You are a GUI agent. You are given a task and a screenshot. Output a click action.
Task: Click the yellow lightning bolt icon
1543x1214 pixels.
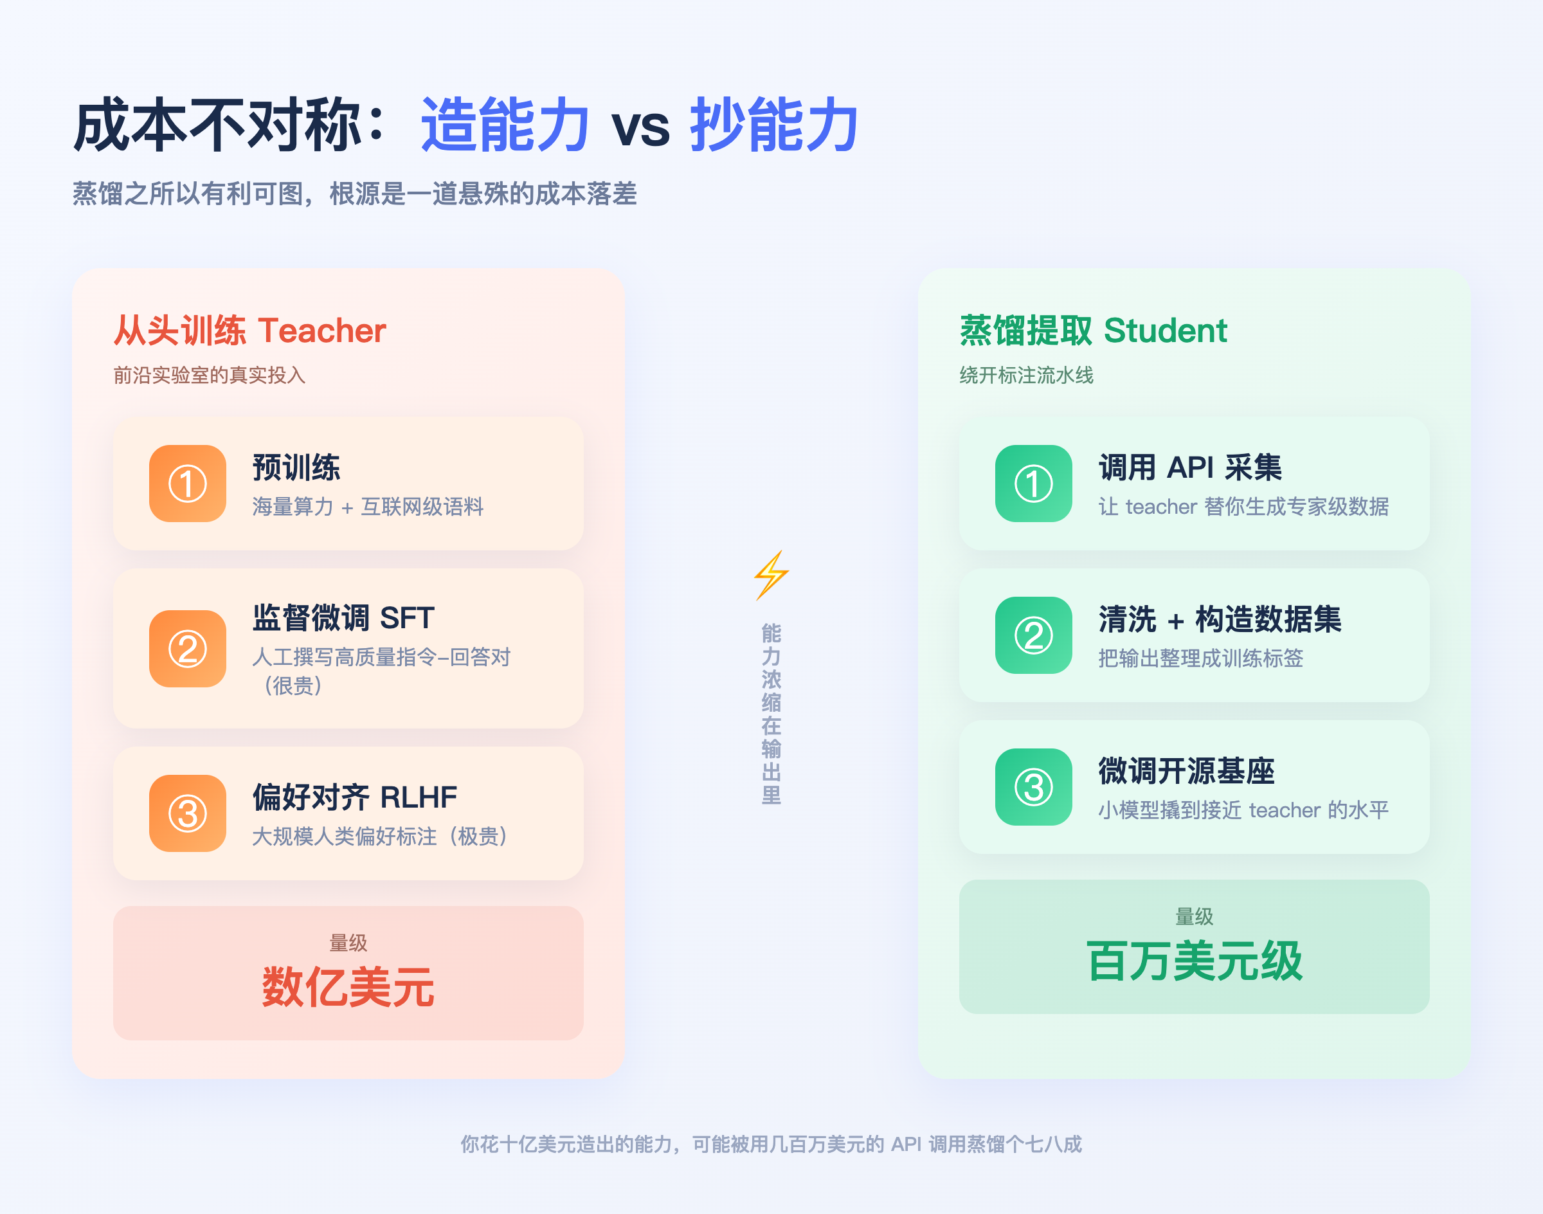(x=771, y=575)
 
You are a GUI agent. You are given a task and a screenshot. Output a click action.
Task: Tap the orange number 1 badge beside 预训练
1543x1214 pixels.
(x=188, y=484)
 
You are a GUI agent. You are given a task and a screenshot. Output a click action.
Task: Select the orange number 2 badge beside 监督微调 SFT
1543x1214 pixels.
(x=188, y=648)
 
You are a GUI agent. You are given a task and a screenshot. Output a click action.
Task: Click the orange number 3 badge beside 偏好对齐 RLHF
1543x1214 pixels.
(x=188, y=813)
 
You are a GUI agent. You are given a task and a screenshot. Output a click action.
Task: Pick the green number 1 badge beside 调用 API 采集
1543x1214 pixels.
(x=1033, y=484)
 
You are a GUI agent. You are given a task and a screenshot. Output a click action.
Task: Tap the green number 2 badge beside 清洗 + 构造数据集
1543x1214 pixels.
(x=1033, y=635)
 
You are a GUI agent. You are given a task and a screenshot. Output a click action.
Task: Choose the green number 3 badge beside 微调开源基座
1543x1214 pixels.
(x=1033, y=787)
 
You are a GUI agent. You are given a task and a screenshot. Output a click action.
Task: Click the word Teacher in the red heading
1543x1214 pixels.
(x=322, y=331)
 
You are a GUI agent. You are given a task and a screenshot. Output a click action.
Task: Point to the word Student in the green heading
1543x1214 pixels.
(x=1166, y=331)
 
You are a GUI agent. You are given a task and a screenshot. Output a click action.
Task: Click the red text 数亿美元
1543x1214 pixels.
(x=348, y=987)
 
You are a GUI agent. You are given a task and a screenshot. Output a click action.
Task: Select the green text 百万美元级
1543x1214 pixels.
(x=1194, y=961)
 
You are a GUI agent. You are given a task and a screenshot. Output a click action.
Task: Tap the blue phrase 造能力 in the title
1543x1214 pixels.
(x=505, y=124)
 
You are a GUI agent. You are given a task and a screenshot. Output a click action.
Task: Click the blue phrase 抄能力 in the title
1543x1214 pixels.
(x=774, y=124)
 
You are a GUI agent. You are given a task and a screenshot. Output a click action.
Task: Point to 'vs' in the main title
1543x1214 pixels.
(x=640, y=128)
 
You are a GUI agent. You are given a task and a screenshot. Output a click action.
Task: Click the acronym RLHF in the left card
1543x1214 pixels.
(x=419, y=797)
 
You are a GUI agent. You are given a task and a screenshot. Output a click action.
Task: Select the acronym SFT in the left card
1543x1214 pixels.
(x=406, y=618)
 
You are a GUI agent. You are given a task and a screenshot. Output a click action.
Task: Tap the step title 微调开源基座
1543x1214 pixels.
(x=1186, y=770)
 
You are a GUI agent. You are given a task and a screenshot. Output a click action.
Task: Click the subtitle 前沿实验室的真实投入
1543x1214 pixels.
(x=210, y=375)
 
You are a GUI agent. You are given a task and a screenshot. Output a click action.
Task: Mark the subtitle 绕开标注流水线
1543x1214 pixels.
(x=1026, y=375)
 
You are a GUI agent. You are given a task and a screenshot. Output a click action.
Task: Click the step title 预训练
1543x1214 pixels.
(x=296, y=467)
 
